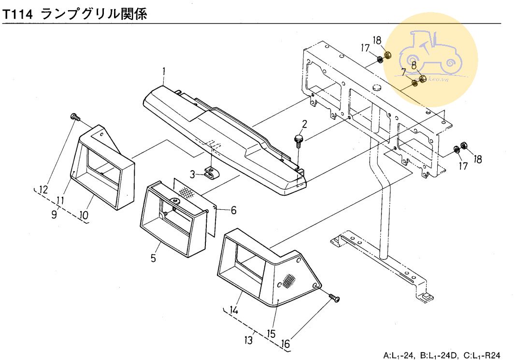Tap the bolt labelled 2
298,140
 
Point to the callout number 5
153,259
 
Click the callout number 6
233,210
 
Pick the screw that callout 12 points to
75,116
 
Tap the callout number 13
249,341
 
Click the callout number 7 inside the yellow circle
403,73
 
